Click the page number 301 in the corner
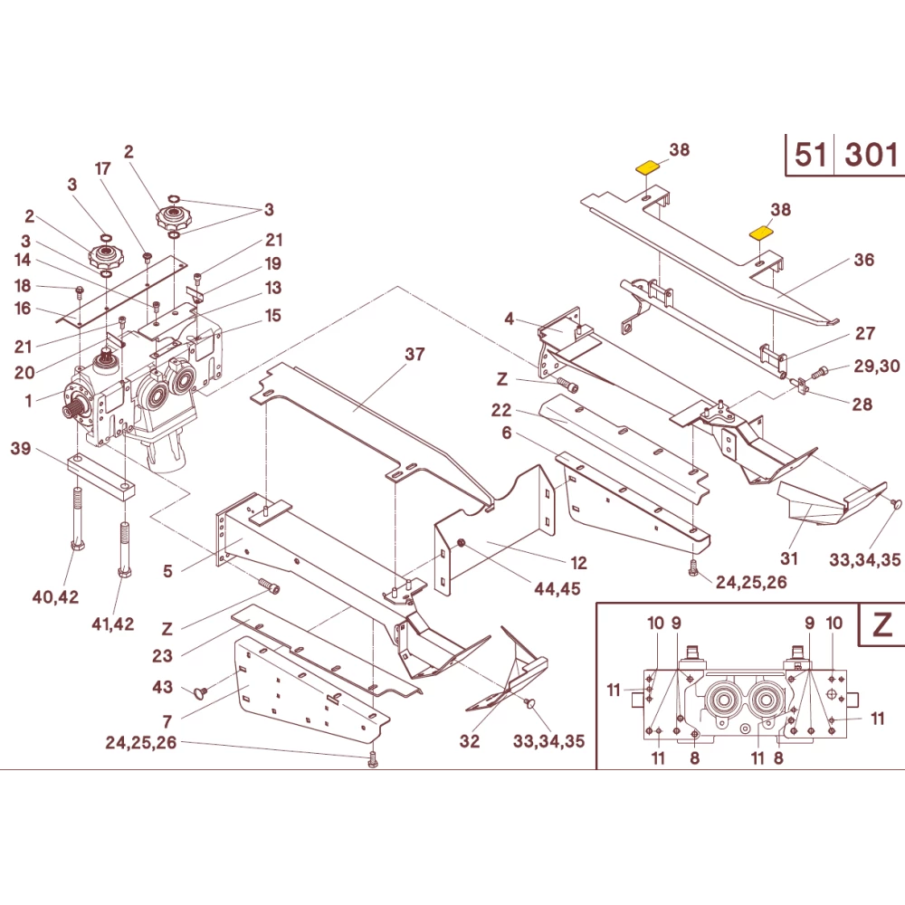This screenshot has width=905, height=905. click(871, 156)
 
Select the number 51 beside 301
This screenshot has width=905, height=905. click(810, 156)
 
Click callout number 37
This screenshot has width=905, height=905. click(414, 354)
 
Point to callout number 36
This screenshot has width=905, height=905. click(864, 260)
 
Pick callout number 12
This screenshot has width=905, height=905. click(578, 563)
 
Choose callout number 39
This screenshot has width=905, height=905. click(21, 448)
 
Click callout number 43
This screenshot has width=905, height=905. click(162, 688)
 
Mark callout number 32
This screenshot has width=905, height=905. click(469, 741)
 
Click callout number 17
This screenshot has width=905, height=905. click(102, 168)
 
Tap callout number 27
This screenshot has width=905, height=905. click(865, 333)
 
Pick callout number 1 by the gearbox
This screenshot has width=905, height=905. click(28, 400)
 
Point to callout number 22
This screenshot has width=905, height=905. click(502, 410)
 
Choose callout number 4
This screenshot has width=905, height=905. click(510, 319)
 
